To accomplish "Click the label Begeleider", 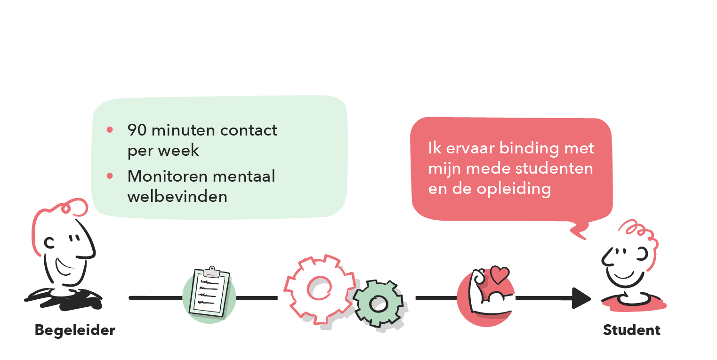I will click(75, 330).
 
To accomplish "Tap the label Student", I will click(632, 330).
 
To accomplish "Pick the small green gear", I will click(378, 304).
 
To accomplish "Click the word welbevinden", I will click(177, 196).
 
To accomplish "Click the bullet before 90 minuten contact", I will click(110, 129).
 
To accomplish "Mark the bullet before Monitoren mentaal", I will click(110, 176).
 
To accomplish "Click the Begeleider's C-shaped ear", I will click(49, 243).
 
